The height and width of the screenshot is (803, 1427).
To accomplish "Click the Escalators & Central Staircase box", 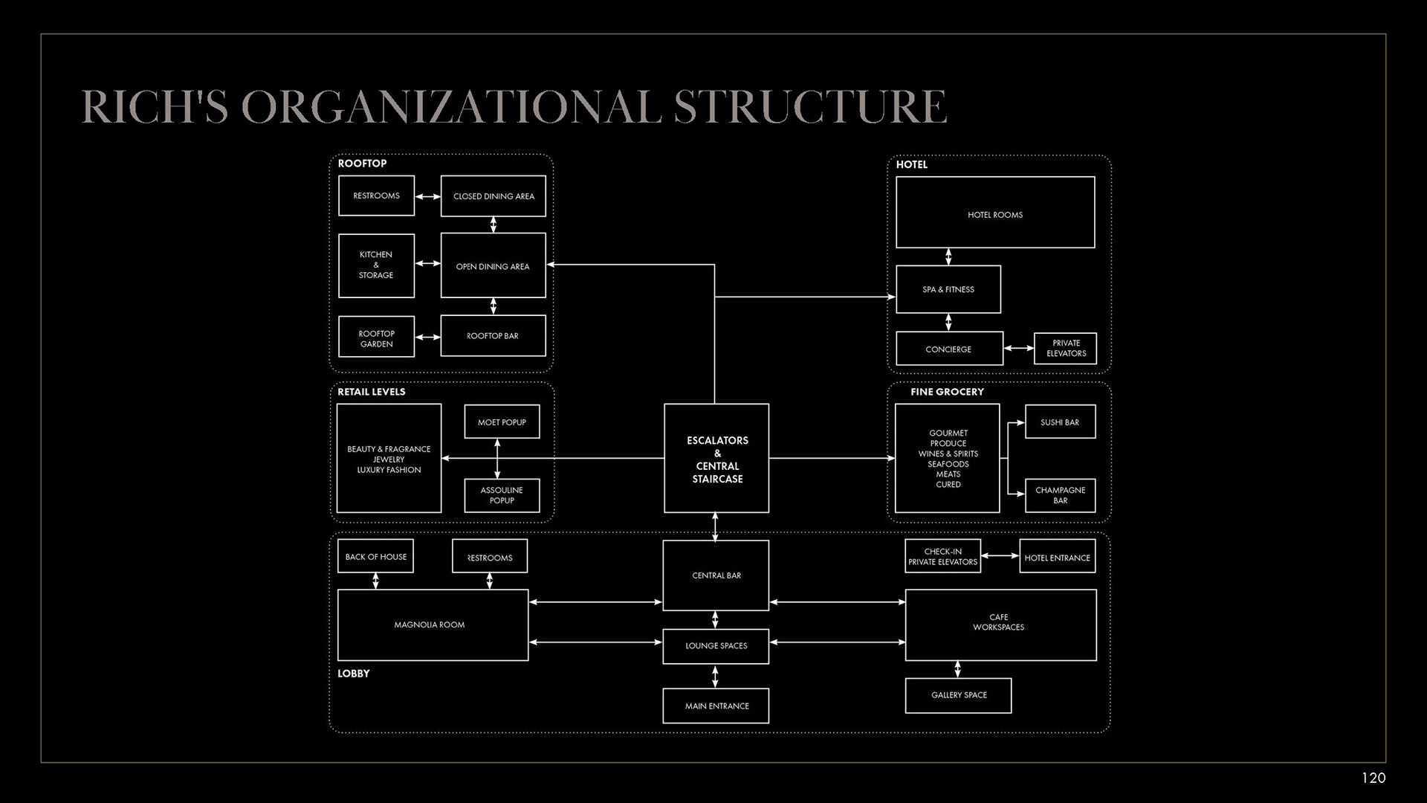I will (716, 459).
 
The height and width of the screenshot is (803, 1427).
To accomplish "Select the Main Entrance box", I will (716, 706).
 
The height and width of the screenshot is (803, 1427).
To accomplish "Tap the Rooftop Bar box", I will (493, 336).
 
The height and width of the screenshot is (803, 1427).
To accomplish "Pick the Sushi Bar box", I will (1060, 422).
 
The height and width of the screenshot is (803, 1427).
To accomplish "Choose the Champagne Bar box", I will (1060, 495).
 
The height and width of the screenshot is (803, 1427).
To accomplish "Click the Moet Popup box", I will (502, 422).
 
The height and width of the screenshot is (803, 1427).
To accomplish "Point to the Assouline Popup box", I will (502, 495).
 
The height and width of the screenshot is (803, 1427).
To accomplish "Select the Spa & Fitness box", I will (948, 289).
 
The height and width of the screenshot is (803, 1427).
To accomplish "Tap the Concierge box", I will (949, 349).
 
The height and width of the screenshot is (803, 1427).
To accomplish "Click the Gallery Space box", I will (958, 695).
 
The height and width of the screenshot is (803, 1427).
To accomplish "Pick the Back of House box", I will (375, 556).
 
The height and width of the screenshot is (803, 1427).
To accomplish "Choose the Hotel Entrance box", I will (1057, 557).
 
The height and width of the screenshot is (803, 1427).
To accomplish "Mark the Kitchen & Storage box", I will (376, 265).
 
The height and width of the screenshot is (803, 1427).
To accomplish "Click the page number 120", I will (1373, 778).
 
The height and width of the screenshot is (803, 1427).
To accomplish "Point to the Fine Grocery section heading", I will (947, 392).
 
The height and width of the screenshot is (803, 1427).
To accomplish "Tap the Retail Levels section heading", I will (372, 392).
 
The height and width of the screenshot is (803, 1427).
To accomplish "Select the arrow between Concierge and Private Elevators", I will (1018, 348).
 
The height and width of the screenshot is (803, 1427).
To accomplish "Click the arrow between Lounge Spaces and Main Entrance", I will (715, 677).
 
